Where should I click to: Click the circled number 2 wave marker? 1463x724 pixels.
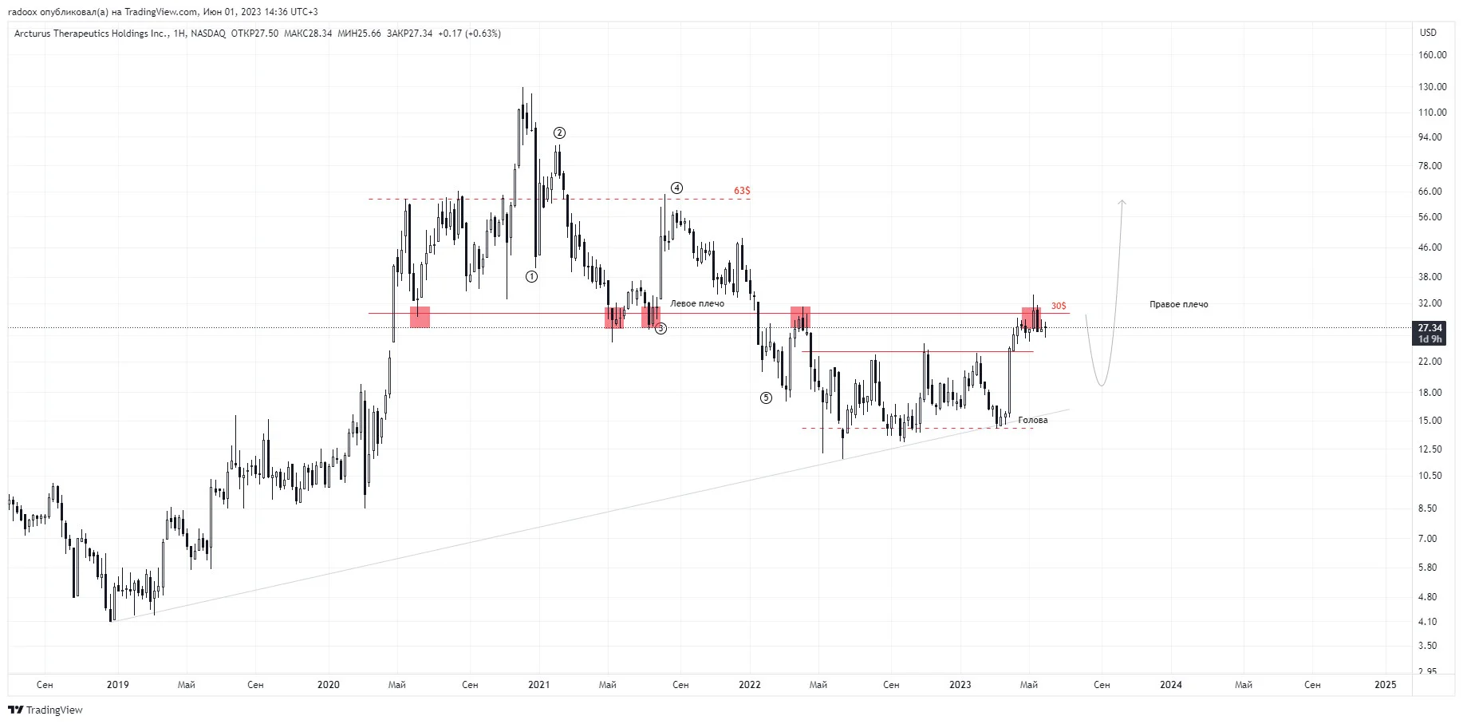pos(559,133)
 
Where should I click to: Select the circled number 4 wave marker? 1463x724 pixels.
pos(676,188)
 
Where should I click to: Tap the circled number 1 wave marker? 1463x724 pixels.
pos(531,277)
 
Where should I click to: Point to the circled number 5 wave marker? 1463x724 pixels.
pos(766,398)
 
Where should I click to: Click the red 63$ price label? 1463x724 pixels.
pos(742,191)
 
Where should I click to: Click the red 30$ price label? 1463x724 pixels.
pos(1059,307)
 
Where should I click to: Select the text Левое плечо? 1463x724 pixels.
pos(697,304)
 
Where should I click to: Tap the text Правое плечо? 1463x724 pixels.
pos(1179,305)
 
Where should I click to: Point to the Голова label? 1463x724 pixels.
pos(1033,421)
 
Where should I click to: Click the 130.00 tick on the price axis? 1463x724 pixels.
pos(1432,87)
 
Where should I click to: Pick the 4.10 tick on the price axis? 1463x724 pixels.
pos(1427,622)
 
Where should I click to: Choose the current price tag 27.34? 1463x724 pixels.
pos(1429,328)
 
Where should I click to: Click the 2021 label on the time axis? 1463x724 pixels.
pos(539,685)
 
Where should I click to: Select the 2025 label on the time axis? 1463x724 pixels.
pos(1386,685)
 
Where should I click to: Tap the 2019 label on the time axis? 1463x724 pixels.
pos(118,685)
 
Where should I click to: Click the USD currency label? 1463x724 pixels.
pos(1428,33)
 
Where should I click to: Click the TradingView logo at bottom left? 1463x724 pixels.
pos(45,710)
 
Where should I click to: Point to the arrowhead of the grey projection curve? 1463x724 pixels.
pos(1122,201)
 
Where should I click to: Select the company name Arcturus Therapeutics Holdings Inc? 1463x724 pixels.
pos(91,34)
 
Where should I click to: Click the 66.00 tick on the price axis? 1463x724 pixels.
pos(1429,192)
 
